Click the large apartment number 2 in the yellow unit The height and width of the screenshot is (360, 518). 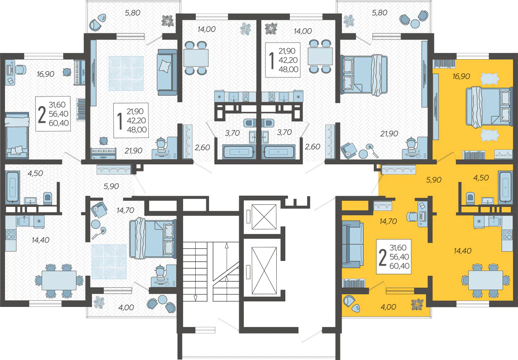point(383,256)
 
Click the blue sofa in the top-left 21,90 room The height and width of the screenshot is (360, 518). point(166,72)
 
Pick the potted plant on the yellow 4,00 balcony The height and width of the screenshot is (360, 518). point(417,304)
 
